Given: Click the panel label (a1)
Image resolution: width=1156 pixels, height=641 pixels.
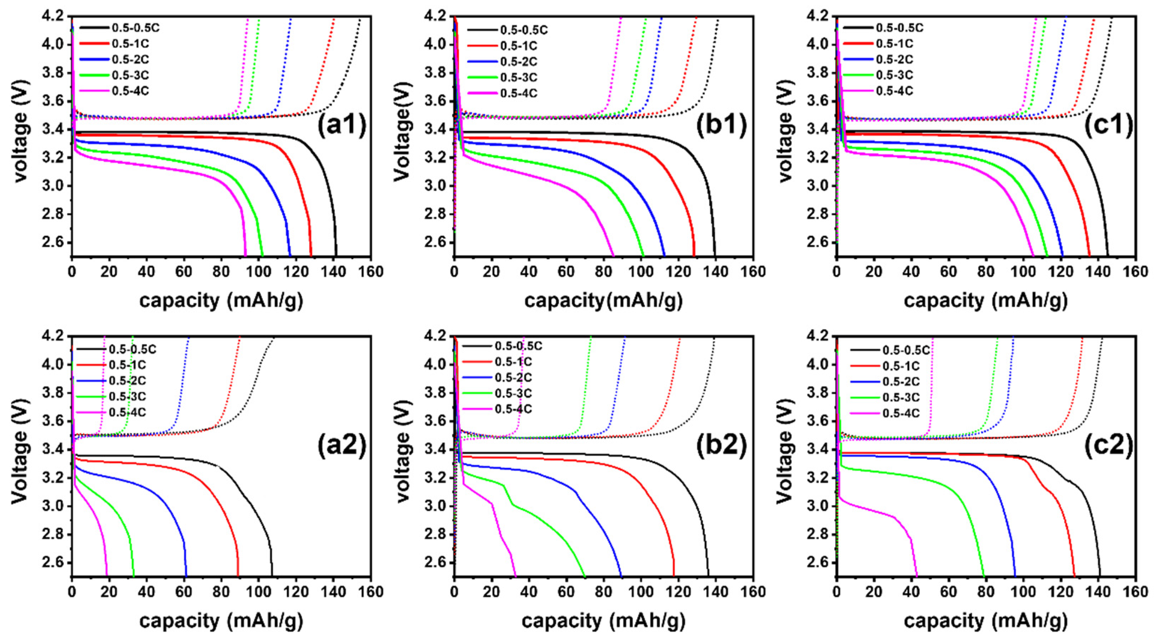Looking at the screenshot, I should click(342, 126).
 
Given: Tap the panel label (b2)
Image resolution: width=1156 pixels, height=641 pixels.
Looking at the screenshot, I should click(722, 447).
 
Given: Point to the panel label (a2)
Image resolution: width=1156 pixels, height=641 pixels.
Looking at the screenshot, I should click(342, 447).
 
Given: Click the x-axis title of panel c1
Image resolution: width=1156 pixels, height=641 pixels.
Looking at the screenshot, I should click(986, 301).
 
